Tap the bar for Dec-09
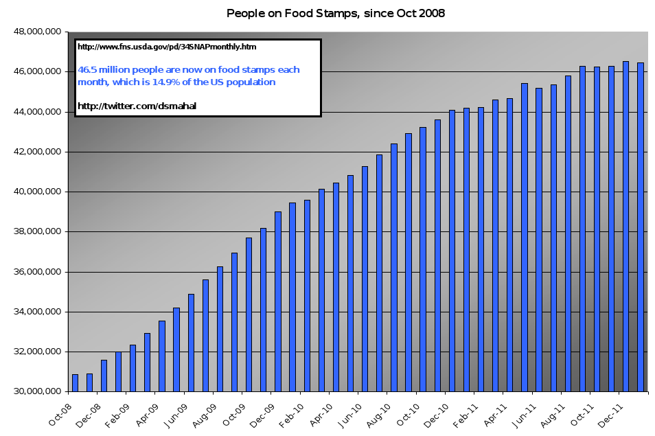(x=278, y=301)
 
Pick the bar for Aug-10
(x=394, y=268)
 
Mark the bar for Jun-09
(x=191, y=343)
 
